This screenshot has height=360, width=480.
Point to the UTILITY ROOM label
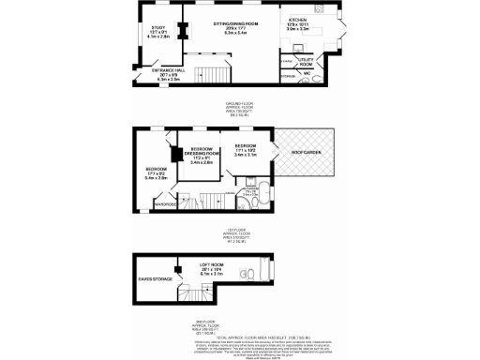307,60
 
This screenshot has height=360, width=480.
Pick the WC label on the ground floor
307,72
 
